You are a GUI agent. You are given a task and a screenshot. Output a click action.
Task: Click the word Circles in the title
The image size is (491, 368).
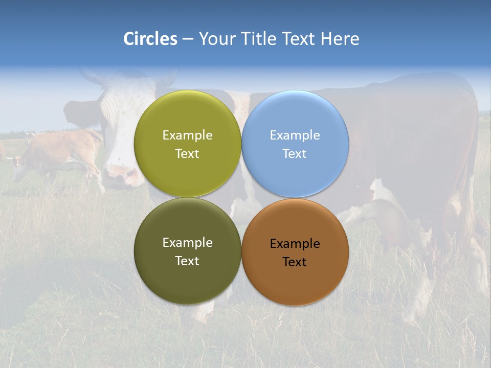(x=150, y=39)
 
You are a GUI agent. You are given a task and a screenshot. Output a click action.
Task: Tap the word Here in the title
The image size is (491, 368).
(x=340, y=39)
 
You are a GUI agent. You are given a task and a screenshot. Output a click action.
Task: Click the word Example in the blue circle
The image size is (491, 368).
(x=295, y=135)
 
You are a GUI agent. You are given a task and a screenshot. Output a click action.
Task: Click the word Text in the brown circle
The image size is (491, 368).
(x=295, y=262)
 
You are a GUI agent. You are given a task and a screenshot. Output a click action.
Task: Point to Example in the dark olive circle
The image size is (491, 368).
(x=187, y=243)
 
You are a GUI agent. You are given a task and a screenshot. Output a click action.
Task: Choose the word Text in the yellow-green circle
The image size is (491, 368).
(x=187, y=154)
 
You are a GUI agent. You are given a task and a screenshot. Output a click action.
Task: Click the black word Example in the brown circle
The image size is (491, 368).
(x=295, y=244)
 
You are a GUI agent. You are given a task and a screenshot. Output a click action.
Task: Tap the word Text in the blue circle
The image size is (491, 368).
(x=295, y=154)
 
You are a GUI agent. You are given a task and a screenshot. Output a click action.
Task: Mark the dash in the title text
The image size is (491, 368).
(x=188, y=39)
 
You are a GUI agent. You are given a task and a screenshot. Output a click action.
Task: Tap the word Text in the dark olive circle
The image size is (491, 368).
(x=187, y=261)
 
